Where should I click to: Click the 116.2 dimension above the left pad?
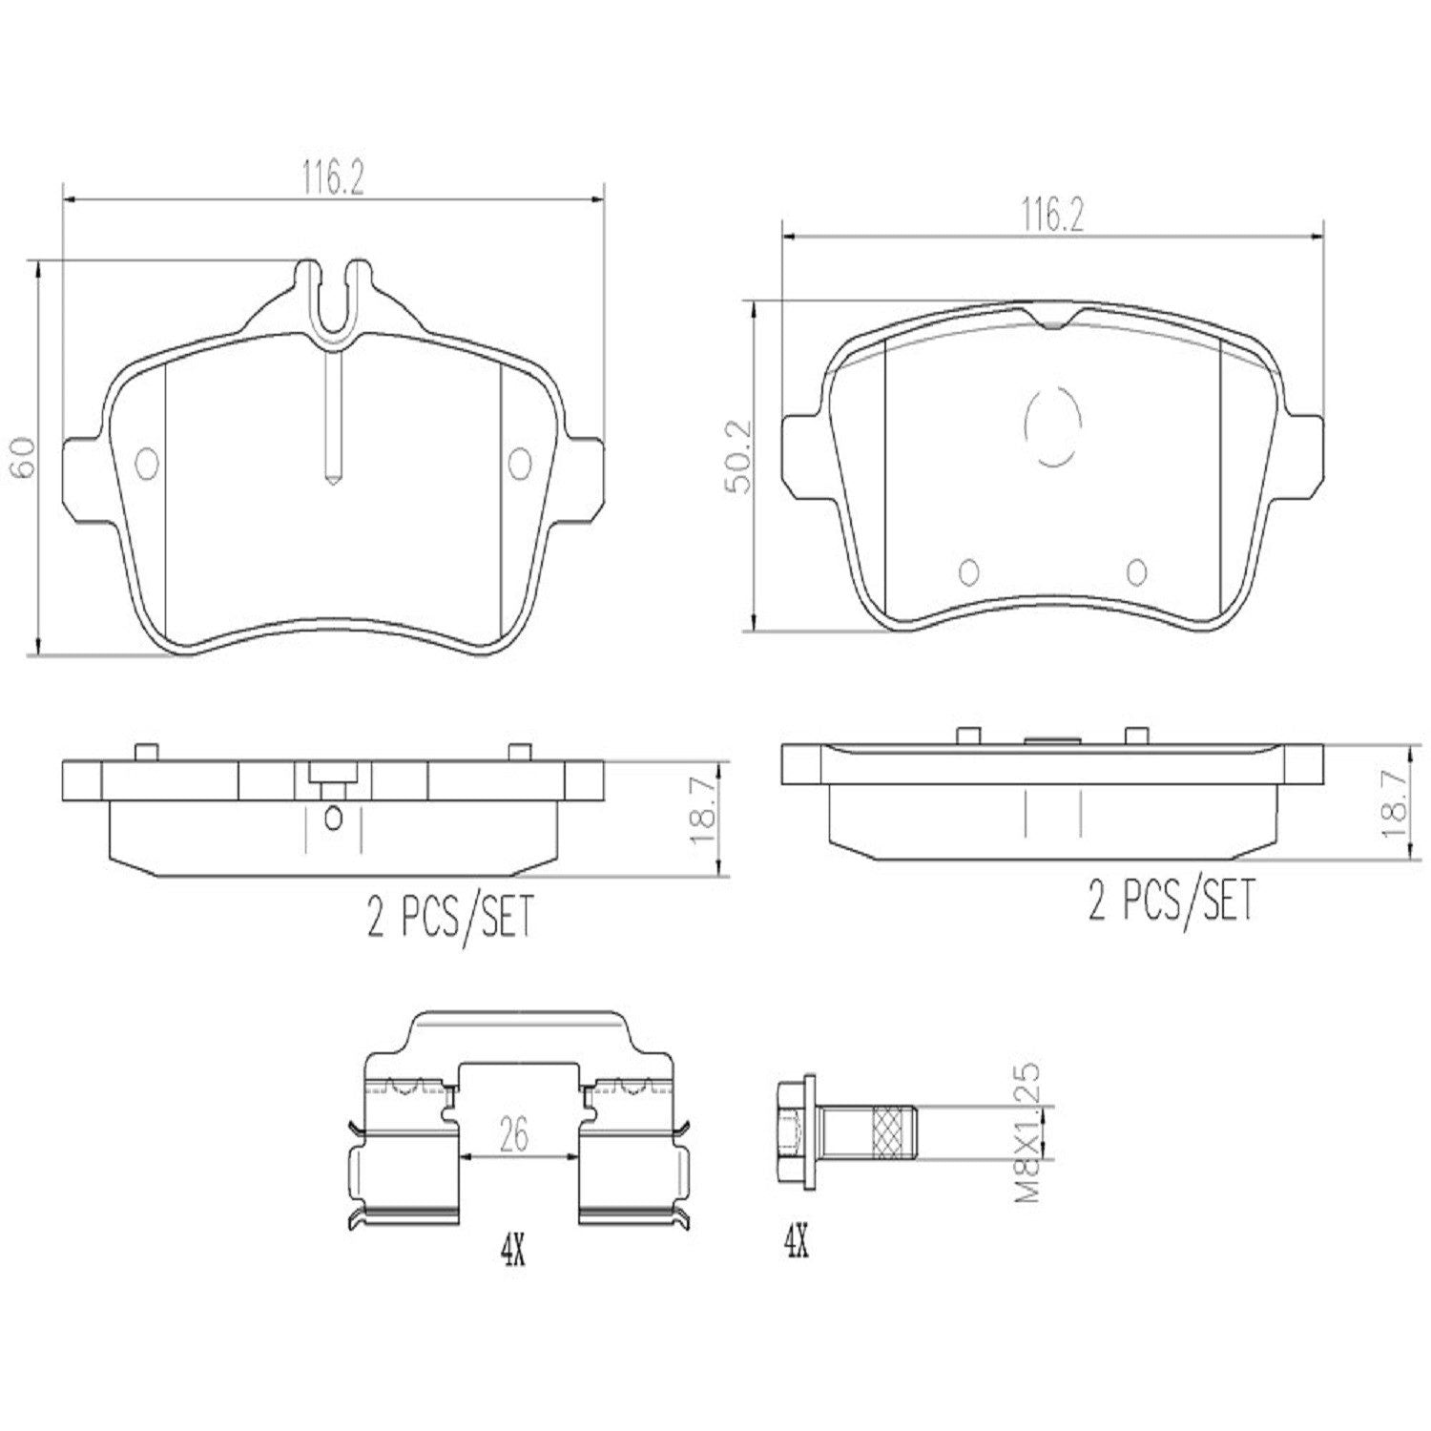pos(333,178)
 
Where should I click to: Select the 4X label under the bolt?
pos(796,1241)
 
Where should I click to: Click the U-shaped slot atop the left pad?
pos(333,296)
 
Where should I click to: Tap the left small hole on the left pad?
pos(148,464)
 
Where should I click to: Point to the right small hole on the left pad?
pos(520,464)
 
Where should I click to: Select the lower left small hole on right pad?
pos(968,570)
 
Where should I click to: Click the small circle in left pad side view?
pos(333,818)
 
